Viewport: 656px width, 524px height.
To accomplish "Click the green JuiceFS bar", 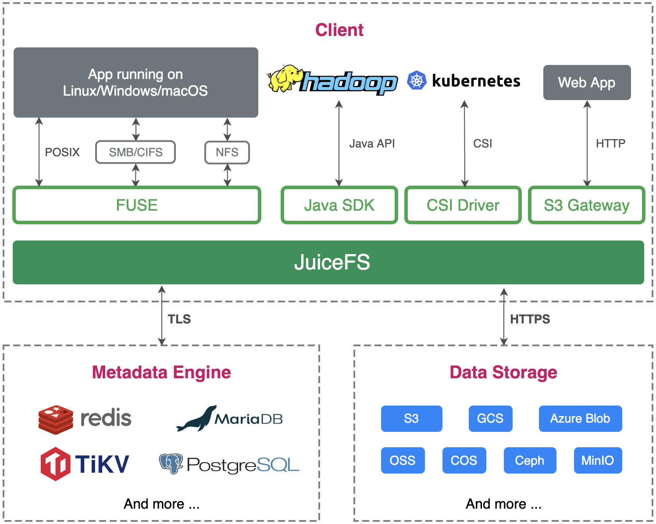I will [x=328, y=262].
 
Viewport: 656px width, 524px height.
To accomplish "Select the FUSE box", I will [x=137, y=205].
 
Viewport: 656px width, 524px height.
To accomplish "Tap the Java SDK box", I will [x=339, y=205].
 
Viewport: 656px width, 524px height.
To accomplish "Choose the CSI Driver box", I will [x=463, y=205].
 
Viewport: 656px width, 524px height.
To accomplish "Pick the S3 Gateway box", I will [x=586, y=205].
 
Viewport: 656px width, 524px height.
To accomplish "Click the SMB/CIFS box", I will [x=135, y=152].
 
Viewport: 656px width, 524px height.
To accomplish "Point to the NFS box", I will [x=227, y=152].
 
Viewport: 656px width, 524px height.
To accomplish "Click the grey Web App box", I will [x=587, y=83].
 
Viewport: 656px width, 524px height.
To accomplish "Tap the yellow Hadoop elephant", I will [x=285, y=79].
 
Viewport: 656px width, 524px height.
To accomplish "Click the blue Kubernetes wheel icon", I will [x=417, y=81].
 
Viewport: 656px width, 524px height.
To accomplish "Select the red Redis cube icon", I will [x=56, y=420].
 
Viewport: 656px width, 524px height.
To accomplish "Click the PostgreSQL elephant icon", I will [x=171, y=463].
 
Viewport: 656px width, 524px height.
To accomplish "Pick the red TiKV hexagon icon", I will [x=55, y=464].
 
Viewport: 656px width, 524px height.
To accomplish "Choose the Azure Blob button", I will [x=580, y=419].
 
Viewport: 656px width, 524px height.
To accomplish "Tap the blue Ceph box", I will [x=530, y=460].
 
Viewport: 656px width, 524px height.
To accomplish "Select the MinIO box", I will [x=598, y=460].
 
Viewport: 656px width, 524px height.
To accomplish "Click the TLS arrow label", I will [x=179, y=319].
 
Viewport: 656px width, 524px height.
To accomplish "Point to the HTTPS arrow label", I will [x=530, y=319].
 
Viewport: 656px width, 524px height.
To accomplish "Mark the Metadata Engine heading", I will [x=161, y=372].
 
